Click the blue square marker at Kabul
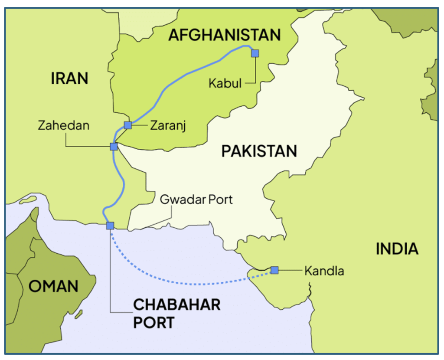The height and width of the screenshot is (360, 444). pyautogui.click(x=255, y=53)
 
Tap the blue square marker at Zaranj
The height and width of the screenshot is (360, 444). pyautogui.click(x=128, y=125)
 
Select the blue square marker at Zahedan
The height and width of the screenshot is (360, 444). pyautogui.click(x=114, y=147)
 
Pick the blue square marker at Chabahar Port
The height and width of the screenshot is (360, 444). pyautogui.click(x=110, y=226)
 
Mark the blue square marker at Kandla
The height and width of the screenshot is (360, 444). pyautogui.click(x=274, y=270)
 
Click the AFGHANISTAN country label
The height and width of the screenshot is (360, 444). pyautogui.click(x=225, y=35)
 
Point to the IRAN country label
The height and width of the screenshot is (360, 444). pyautogui.click(x=69, y=79)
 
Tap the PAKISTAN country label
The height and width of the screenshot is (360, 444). pyautogui.click(x=259, y=151)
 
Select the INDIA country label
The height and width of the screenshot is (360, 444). pyautogui.click(x=397, y=249)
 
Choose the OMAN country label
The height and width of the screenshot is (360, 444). pyautogui.click(x=53, y=286)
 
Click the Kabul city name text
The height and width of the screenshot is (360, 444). pyautogui.click(x=225, y=83)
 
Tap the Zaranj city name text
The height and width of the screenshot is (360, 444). pyautogui.click(x=168, y=126)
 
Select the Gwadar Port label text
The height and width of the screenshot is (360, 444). pyautogui.click(x=196, y=200)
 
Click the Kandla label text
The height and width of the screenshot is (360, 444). pyautogui.click(x=324, y=271)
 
